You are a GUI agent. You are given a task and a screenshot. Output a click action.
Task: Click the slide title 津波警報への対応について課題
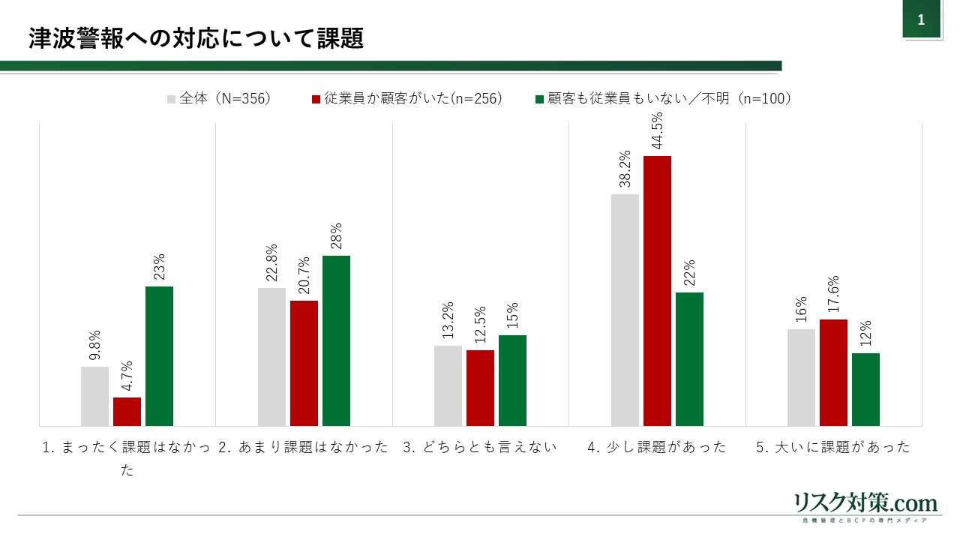pos(196,39)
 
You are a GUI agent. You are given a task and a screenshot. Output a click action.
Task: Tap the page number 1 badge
pos(921,20)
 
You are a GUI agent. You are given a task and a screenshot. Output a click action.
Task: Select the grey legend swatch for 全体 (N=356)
pos(172,99)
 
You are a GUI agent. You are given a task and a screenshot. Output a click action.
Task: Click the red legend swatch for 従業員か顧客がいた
pos(316,99)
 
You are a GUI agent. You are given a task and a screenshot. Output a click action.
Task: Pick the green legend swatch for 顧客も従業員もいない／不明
pos(539,99)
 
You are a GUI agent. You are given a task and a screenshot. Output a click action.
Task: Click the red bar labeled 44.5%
pos(657,291)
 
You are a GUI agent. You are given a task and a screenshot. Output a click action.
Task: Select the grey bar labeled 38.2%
pos(625,310)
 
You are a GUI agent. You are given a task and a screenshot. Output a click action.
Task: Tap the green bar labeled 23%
pos(159,356)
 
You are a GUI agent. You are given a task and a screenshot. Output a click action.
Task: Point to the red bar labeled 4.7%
pos(127,412)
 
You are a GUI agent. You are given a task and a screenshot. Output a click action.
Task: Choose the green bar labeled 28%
pos(336,340)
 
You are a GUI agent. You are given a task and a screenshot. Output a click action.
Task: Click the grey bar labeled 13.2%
pos(448,385)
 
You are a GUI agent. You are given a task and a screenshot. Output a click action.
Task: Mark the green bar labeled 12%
pos(865,389)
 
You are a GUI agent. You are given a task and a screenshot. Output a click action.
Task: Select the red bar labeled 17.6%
pos(833,373)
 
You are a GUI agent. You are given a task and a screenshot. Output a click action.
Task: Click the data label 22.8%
pos(271,263)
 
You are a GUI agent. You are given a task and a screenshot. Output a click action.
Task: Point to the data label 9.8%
pos(94,346)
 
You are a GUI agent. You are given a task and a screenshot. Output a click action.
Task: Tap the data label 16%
pos(801,309)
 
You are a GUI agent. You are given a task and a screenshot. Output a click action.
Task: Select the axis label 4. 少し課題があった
pos(657,448)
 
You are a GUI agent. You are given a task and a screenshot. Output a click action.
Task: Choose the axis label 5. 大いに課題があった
pos(833,448)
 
